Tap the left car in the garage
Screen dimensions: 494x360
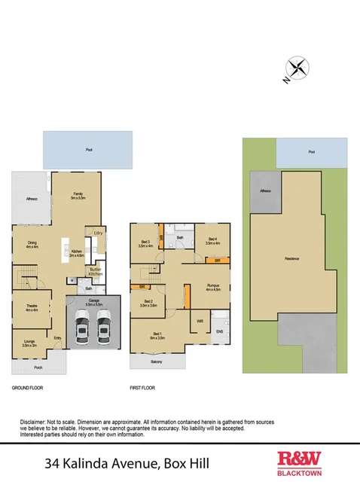click(82, 328)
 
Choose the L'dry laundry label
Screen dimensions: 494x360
click(97, 233)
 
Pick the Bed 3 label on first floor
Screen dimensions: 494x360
click(145, 242)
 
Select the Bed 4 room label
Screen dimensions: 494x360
click(212, 241)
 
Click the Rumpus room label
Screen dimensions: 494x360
click(212, 289)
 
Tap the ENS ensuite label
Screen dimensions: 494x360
click(220, 331)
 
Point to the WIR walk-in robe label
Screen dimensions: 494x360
click(200, 322)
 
